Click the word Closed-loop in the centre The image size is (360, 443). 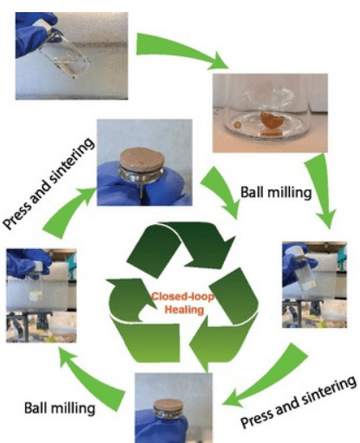(183, 297)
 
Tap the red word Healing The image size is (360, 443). (184, 310)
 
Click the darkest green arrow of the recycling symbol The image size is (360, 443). (181, 247)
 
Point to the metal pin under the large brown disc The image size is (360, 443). (141, 191)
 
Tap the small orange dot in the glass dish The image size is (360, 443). (237, 125)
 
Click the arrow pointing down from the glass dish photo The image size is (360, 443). (322, 190)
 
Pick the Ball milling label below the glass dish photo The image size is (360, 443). (276, 192)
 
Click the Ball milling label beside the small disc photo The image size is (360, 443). (60, 408)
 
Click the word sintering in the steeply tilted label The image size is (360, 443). (72, 162)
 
